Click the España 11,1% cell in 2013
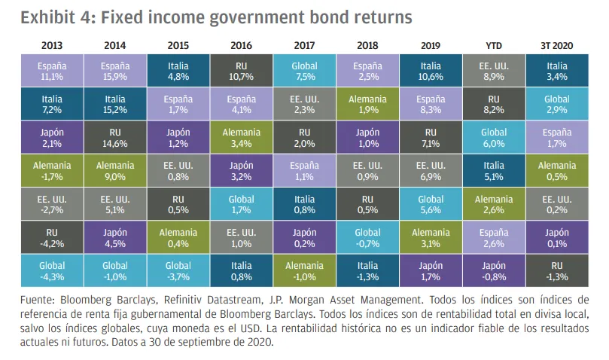52,72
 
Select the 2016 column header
242,45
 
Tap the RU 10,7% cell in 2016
242,72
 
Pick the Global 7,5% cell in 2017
304,72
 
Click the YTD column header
494,45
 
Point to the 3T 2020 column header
556,45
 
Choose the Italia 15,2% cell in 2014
115,104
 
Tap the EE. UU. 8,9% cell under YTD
494,72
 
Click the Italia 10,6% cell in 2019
431,72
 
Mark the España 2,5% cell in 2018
367,72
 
